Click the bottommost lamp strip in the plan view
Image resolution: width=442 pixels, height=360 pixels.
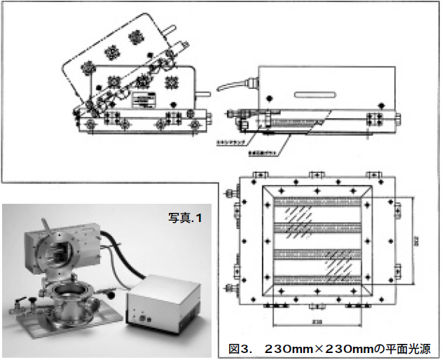[318, 280]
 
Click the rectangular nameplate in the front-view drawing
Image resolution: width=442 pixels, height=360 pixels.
[148, 100]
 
